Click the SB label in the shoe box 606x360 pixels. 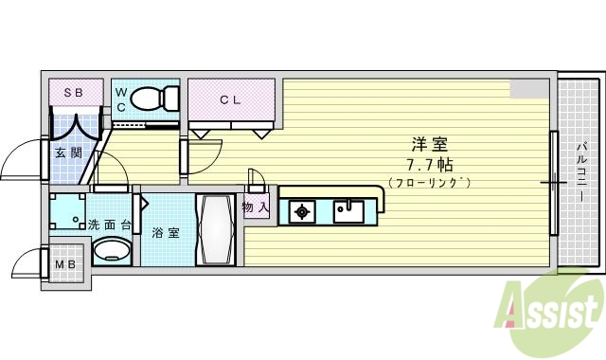[x=73, y=93]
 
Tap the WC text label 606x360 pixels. [x=120, y=99]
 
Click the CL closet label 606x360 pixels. [x=231, y=98]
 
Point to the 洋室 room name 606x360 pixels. [x=428, y=145]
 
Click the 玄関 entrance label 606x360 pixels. [x=67, y=153]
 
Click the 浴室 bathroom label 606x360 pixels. [x=166, y=231]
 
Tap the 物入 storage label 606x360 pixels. [x=255, y=207]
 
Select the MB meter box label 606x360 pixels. [x=65, y=263]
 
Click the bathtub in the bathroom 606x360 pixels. [x=215, y=231]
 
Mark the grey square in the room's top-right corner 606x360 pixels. [x=528, y=88]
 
